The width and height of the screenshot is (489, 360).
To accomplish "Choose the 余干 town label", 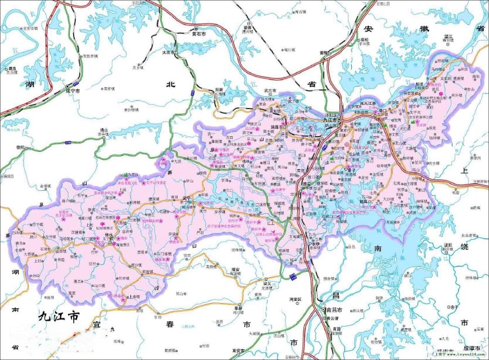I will tap(451, 307).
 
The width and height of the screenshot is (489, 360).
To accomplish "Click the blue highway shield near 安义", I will tap(293, 276).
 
